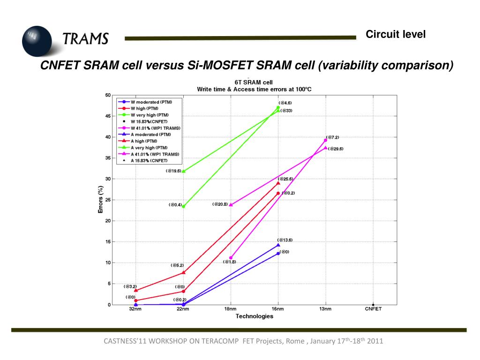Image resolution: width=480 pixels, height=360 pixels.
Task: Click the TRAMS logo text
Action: [86, 38]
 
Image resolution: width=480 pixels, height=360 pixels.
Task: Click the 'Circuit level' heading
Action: [396, 34]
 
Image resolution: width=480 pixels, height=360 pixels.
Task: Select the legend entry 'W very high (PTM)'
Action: [150, 115]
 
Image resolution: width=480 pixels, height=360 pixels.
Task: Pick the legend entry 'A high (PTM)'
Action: [144, 141]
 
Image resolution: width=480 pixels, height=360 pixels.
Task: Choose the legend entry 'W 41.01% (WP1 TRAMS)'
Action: [155, 128]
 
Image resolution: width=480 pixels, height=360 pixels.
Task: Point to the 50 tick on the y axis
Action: [108, 95]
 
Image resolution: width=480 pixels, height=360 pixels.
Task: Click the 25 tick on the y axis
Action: [108, 200]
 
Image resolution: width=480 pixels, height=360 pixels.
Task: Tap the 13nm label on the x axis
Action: [326, 309]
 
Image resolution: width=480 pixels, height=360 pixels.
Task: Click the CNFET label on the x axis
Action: [373, 309]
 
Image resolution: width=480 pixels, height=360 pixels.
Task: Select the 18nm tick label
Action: [231, 309]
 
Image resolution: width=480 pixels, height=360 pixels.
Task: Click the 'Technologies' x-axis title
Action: [254, 316]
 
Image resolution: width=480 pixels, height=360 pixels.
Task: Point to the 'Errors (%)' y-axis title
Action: [101, 200]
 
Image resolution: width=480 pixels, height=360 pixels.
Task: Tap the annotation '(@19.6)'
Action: [173, 171]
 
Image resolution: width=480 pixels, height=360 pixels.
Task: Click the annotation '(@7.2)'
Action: [332, 137]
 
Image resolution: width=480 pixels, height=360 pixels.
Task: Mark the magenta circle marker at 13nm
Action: [325, 140]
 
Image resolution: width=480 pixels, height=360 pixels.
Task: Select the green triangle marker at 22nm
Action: [183, 171]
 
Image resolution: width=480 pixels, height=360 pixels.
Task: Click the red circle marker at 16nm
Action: [278, 193]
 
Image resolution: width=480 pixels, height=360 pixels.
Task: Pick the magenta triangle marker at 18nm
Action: [231, 204]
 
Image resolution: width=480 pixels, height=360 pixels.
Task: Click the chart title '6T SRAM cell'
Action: [254, 82]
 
